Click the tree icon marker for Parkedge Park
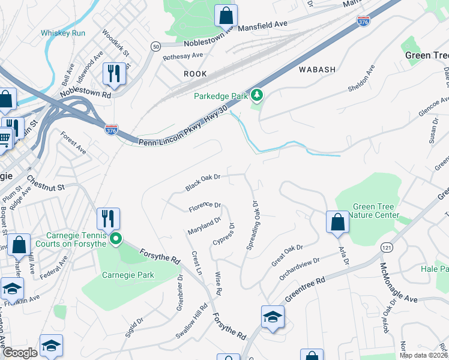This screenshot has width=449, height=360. click(x=257, y=95)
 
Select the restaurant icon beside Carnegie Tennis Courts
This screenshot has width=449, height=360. click(x=108, y=219)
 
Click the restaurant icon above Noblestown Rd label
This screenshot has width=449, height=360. click(x=113, y=74)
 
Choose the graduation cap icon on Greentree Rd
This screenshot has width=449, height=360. click(x=273, y=316)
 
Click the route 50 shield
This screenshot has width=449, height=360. click(x=156, y=46)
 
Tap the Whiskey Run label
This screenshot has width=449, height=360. click(x=63, y=33)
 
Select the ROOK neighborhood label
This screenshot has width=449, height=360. click(x=195, y=74)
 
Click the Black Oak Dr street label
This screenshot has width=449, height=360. click(x=203, y=182)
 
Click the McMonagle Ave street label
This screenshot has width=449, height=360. click(x=396, y=282)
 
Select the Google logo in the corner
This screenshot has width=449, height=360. click(x=20, y=353)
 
